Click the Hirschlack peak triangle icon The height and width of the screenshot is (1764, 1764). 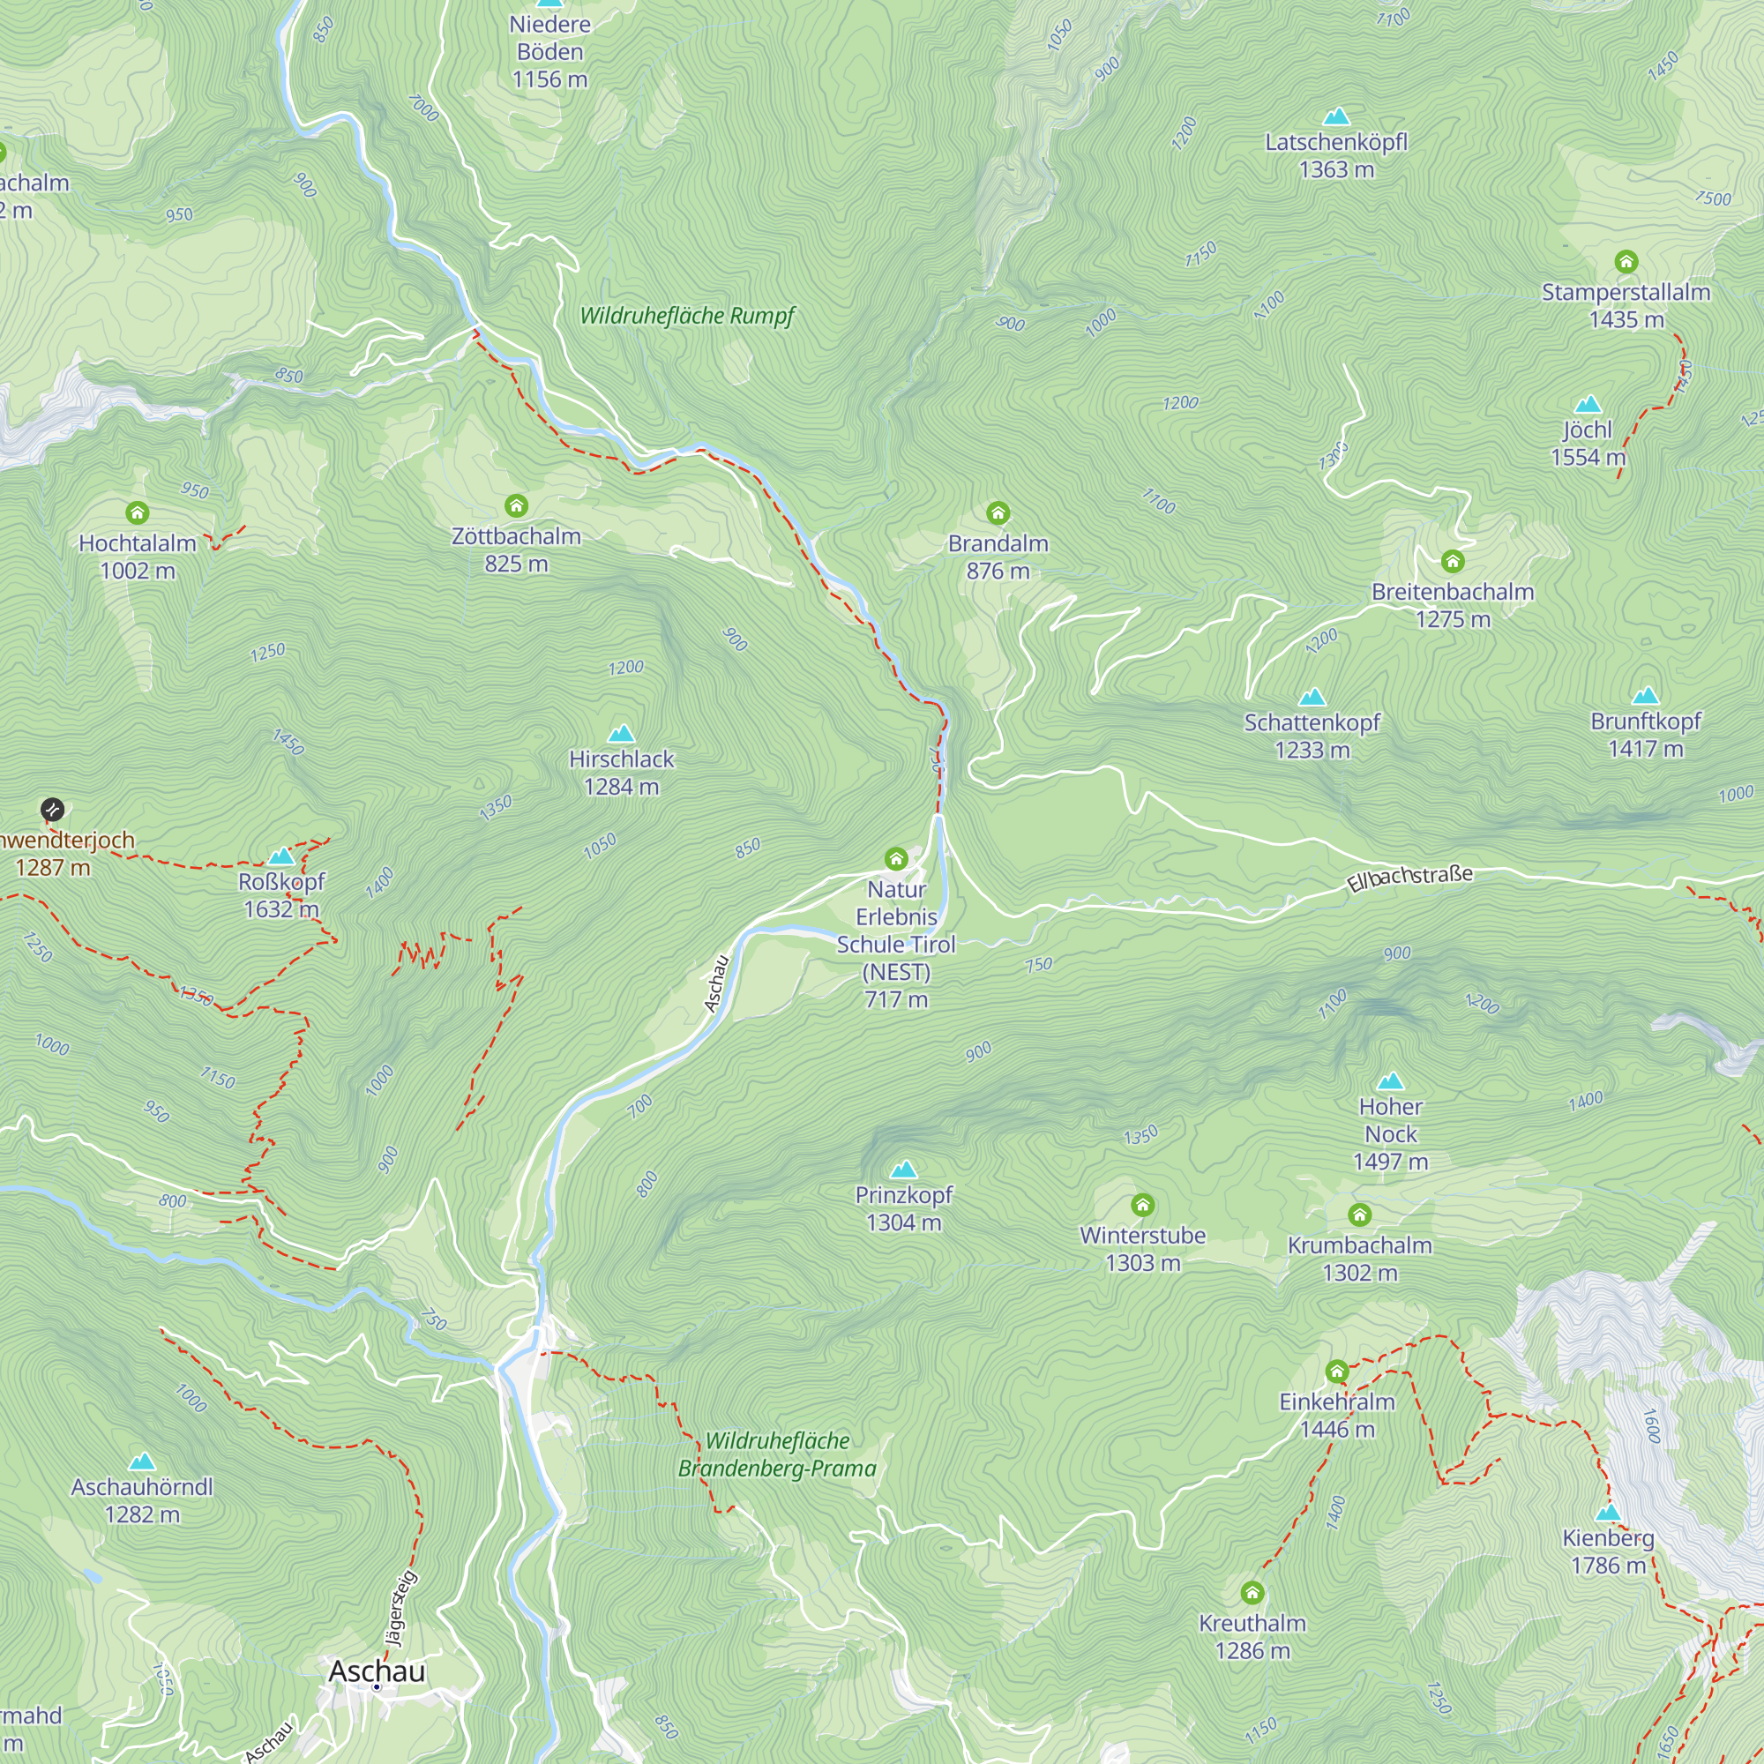point(621,733)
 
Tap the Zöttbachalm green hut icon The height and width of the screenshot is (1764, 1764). point(516,505)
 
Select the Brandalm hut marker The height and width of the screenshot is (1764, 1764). point(998,512)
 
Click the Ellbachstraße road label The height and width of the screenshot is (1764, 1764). point(1409,878)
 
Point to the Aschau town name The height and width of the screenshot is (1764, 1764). point(377,1671)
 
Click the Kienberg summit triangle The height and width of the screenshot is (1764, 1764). point(1608,1512)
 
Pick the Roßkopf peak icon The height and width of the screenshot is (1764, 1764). point(281,856)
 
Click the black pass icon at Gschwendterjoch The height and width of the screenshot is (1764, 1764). point(52,808)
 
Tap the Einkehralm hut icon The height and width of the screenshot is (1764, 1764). point(1337,1371)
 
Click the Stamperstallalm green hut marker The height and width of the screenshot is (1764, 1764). point(1626,262)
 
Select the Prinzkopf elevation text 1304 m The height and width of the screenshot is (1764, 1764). point(903,1222)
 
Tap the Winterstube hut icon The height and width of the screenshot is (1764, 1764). point(1142,1205)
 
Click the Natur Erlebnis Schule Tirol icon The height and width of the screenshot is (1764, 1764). point(896,858)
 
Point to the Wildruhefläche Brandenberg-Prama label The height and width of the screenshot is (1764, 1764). point(777,1454)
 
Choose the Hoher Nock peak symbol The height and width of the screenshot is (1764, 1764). point(1390,1082)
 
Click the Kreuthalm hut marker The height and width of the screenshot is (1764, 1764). point(1252,1593)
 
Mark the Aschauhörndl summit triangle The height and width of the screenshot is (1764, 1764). point(141,1461)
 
